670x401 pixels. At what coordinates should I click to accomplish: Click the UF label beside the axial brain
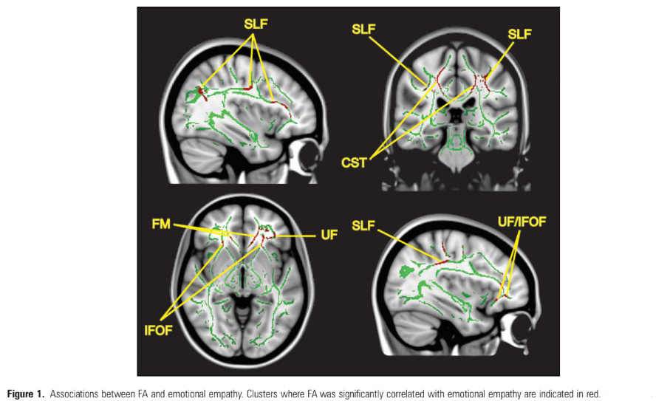coord(329,235)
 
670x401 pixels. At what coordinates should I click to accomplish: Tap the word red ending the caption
coord(593,394)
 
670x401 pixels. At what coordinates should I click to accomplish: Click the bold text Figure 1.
coord(27,394)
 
